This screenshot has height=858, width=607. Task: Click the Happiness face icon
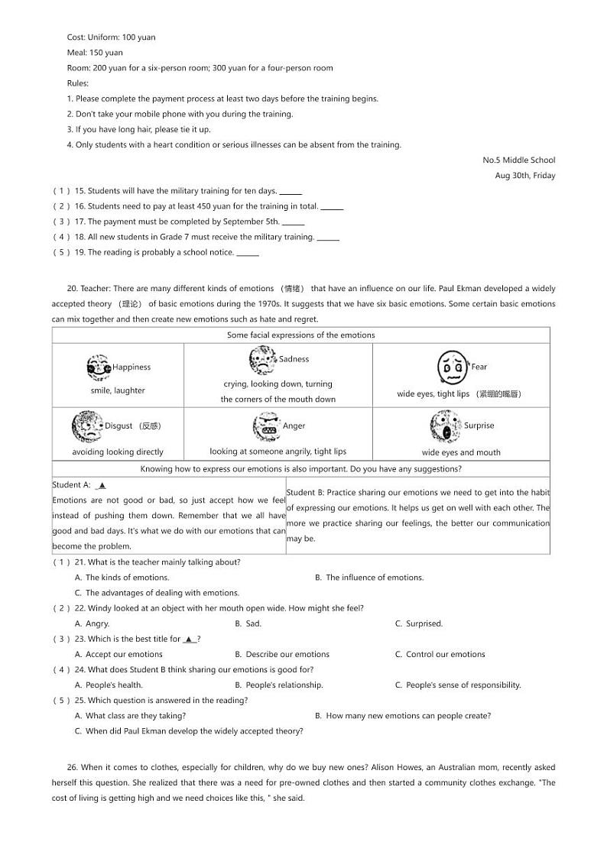pyautogui.click(x=99, y=367)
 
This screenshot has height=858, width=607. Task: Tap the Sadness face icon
pyautogui.click(x=263, y=359)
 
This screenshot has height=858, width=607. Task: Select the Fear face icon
pyautogui.click(x=453, y=367)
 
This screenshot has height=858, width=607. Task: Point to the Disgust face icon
pyautogui.click(x=86, y=426)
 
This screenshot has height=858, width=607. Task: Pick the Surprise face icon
pyautogui.click(x=445, y=426)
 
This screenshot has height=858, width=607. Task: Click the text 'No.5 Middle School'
pyautogui.click(x=518, y=160)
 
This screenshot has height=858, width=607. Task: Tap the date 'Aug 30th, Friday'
pyautogui.click(x=524, y=176)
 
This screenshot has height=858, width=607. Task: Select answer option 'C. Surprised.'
pyautogui.click(x=418, y=623)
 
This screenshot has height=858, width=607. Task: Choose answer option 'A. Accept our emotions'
pyautogui.click(x=118, y=654)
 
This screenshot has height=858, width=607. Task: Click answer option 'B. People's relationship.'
pyautogui.click(x=278, y=685)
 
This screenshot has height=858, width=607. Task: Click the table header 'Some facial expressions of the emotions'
pyautogui.click(x=300, y=335)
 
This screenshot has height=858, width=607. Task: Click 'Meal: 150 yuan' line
pyautogui.click(x=95, y=53)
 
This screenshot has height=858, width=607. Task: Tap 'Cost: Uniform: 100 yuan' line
pyautogui.click(x=111, y=37)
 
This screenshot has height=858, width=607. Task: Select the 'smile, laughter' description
pyautogui.click(x=118, y=390)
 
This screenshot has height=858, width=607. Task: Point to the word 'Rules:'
pyautogui.click(x=78, y=83)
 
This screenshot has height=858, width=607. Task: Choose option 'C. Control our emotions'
pyautogui.click(x=440, y=654)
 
